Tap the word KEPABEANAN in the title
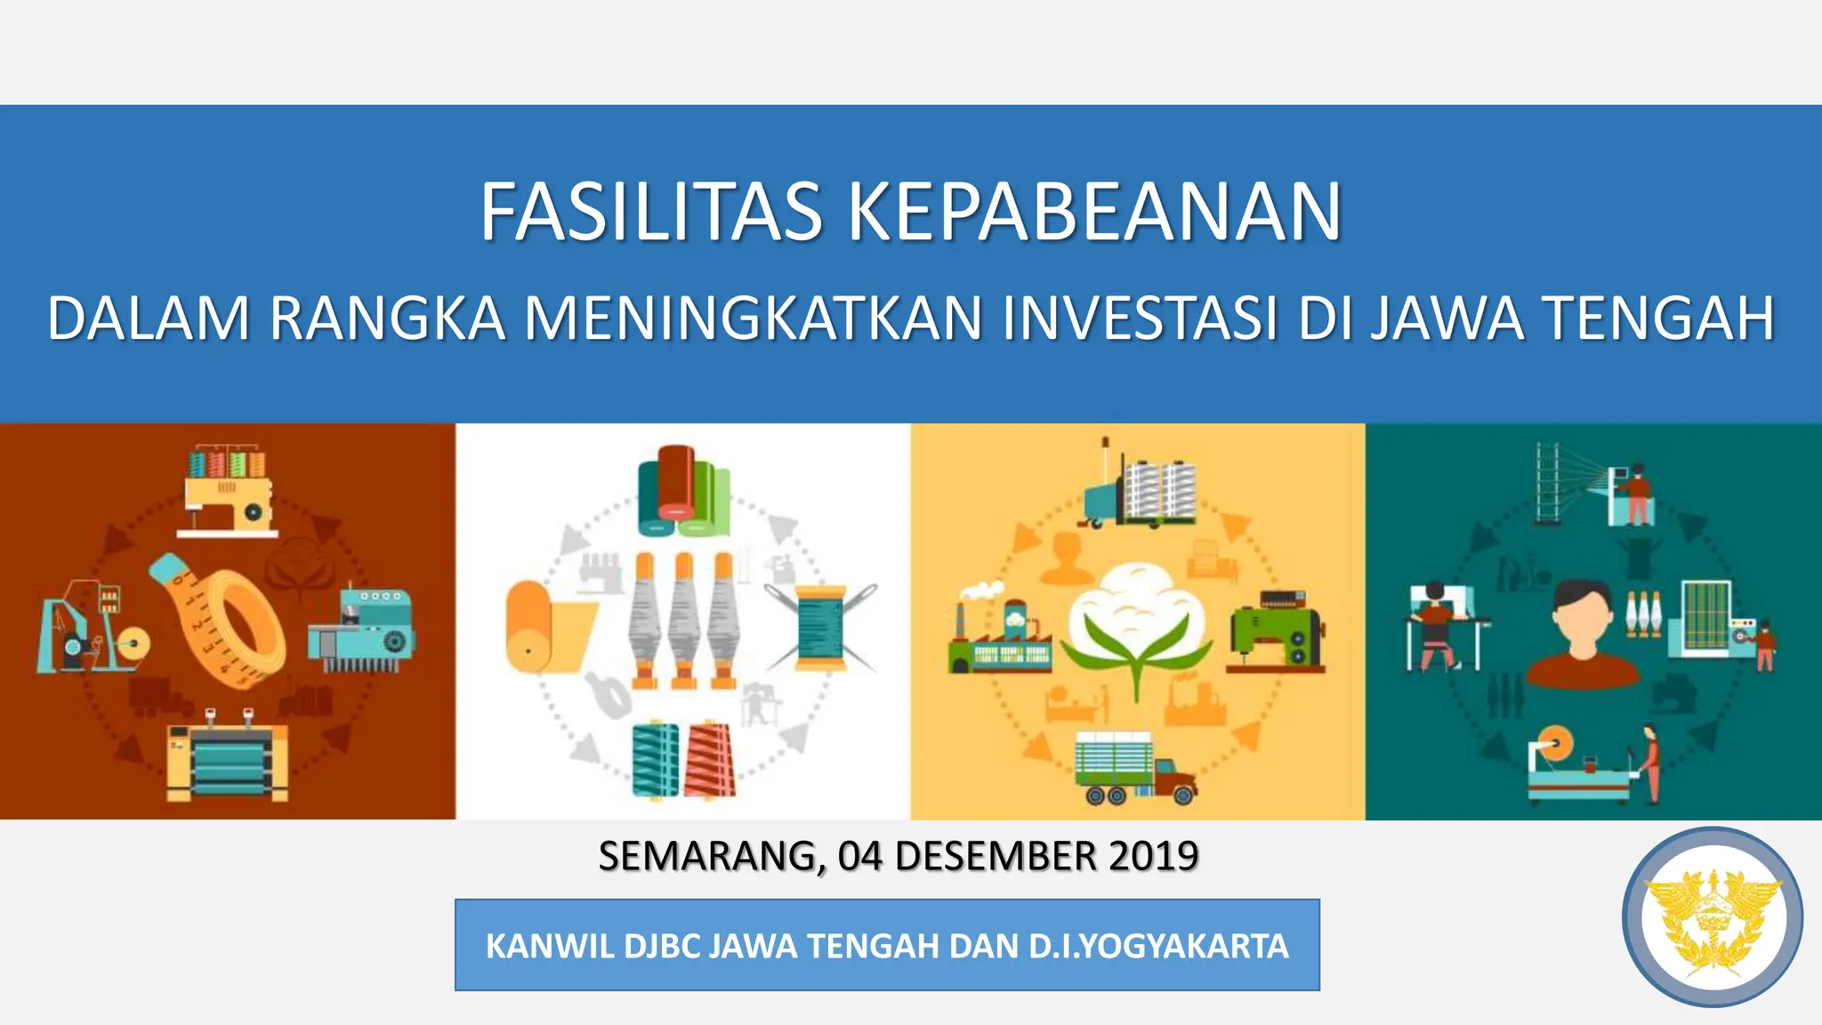(1094, 213)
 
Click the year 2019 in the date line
(1154, 856)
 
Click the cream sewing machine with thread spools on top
(228, 494)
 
